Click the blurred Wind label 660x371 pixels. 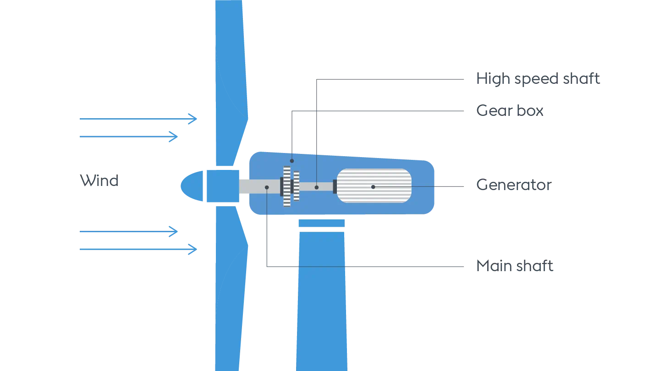[99, 180]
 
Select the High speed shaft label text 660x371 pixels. [538, 78]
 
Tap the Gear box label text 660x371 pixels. [511, 111]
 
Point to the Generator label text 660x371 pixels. [514, 184]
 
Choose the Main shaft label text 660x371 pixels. [515, 265]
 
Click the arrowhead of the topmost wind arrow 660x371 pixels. [193, 118]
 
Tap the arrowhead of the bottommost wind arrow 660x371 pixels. [193, 249]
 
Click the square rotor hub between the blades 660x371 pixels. [222, 186]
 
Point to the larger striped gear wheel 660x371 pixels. [287, 186]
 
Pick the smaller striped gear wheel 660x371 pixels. [297, 186]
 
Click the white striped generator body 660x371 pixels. [374, 185]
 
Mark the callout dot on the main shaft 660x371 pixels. [267, 187]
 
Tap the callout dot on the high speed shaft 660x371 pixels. [316, 187]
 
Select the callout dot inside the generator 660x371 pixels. [373, 187]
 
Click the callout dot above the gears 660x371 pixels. [291, 161]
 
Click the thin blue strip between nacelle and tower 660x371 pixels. [321, 223]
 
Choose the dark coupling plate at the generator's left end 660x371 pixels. [335, 186]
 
